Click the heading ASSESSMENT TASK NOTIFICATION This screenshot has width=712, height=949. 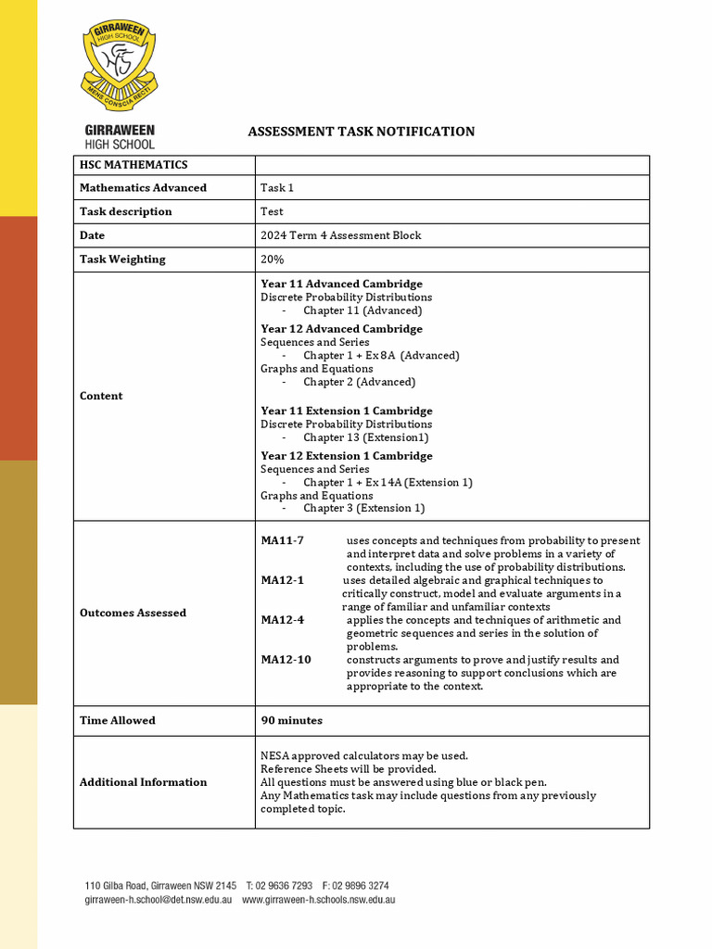pos(361,132)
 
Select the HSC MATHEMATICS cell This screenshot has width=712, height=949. pos(133,165)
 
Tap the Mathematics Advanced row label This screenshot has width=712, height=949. pos(143,188)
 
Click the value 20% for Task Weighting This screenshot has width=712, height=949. pos(273,259)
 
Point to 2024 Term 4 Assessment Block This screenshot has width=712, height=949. pos(340,235)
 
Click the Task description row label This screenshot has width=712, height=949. pos(125,211)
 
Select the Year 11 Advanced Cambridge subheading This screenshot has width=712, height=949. pos(341,284)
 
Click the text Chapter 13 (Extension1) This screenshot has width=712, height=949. pos(365,437)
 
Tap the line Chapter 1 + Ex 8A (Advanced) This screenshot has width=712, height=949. pos(381,355)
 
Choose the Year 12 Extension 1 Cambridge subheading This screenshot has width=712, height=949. pos(346,456)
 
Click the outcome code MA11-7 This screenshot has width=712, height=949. pos(282,540)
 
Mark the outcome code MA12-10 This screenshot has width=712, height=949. pos(286,660)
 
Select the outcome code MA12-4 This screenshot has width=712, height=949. pos(282,620)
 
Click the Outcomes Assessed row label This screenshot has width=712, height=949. pos(133,613)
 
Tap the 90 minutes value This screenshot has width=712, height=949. pos(291,720)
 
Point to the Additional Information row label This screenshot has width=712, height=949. pos(143,782)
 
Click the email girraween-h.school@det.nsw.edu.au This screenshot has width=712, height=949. pos(159,900)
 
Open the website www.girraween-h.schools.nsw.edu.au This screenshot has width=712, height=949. pos(319,900)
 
